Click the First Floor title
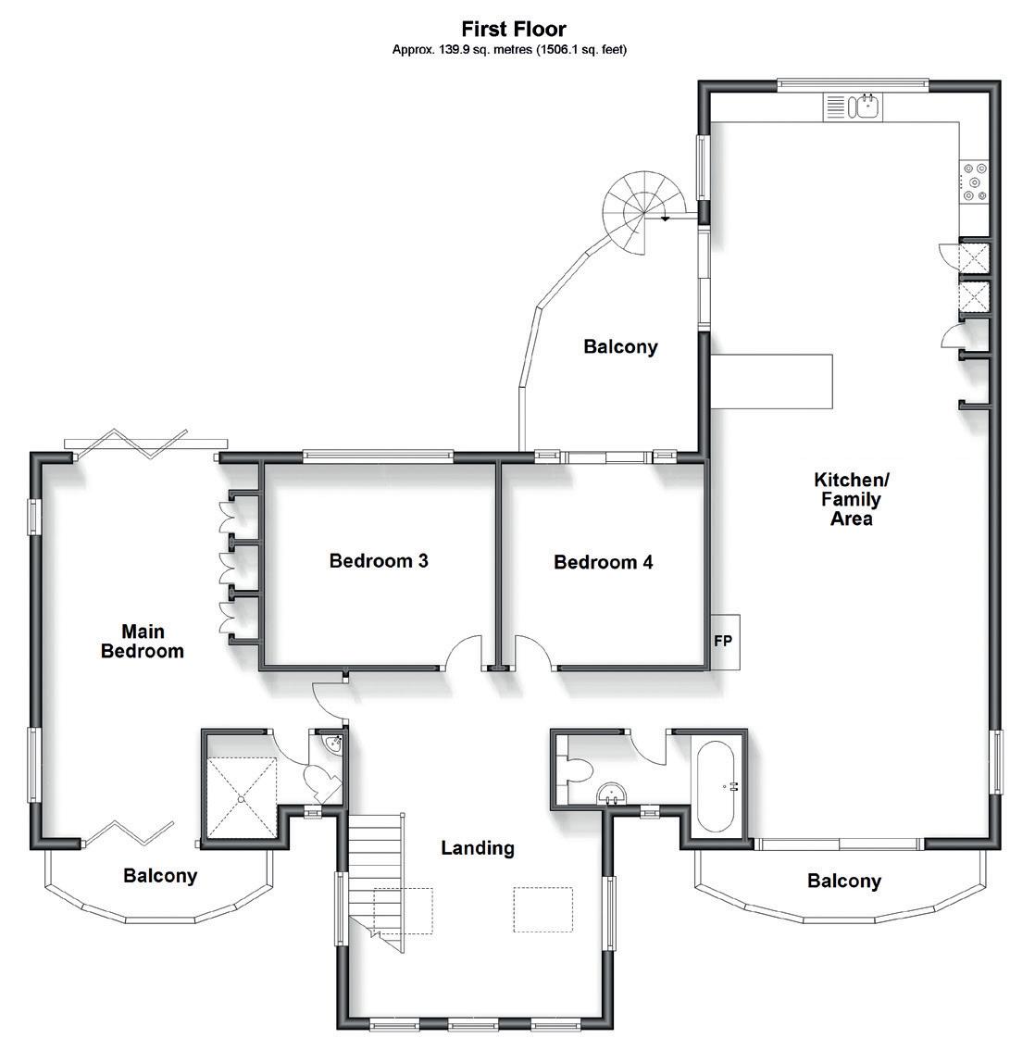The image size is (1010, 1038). (513, 30)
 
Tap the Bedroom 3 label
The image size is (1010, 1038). (378, 561)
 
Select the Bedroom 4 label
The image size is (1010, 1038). (603, 562)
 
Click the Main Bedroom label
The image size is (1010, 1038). (143, 641)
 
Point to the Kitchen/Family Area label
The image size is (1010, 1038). (851, 499)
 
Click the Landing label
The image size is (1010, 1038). (477, 847)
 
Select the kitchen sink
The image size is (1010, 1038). (867, 107)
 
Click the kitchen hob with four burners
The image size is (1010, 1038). (974, 181)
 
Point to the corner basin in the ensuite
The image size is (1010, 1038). (334, 743)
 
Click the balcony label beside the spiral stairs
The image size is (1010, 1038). (620, 347)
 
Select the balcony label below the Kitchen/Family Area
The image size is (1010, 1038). (843, 882)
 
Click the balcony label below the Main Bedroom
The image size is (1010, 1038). (160, 876)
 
